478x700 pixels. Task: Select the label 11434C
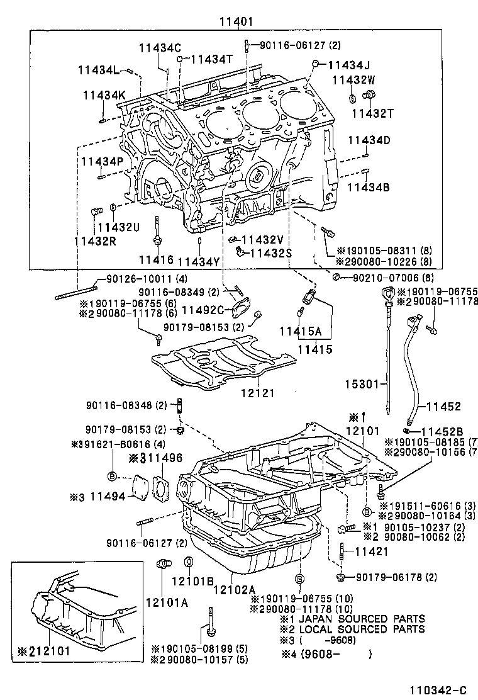pyautogui.click(x=160, y=47)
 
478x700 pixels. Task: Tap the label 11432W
pyautogui.click(x=353, y=79)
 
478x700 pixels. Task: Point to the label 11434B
pyautogui.click(x=369, y=186)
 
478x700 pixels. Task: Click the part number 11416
pyautogui.click(x=156, y=259)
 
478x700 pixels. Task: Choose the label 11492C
pyautogui.click(x=203, y=309)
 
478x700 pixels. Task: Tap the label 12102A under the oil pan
pyautogui.click(x=234, y=589)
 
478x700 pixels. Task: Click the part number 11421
pyautogui.click(x=373, y=551)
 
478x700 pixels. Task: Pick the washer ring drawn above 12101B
pyautogui.click(x=188, y=562)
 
